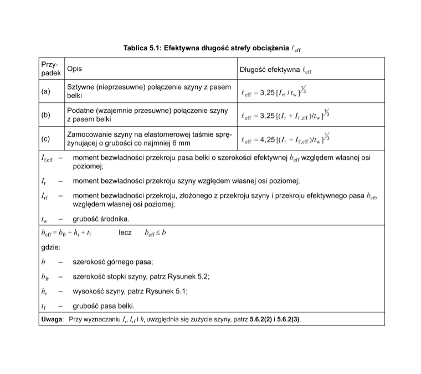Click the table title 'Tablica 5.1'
[143, 48]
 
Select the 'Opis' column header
[74, 69]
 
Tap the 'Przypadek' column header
[50, 69]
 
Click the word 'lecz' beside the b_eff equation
[125, 232]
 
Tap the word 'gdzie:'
[51, 247]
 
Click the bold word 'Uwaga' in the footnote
[53, 319]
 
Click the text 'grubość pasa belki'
[104, 305]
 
